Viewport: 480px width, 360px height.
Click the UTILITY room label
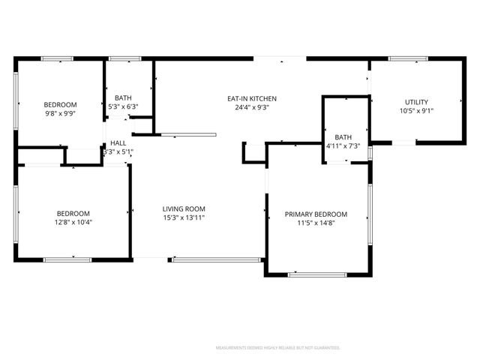point(417,102)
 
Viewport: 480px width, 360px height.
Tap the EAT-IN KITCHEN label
point(253,98)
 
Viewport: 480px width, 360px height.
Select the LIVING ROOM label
point(184,208)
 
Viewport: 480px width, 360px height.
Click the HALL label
point(118,142)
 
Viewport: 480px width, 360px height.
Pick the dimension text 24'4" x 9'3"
point(253,107)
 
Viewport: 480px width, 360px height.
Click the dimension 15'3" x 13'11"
point(184,217)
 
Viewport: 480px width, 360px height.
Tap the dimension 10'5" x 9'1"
point(417,111)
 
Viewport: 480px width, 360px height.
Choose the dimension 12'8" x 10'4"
point(73,222)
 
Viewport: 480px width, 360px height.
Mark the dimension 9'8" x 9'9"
point(60,113)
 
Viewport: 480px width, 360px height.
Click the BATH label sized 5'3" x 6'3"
point(123,98)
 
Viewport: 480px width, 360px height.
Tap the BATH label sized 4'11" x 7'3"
point(343,136)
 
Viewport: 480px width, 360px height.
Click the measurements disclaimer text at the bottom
point(277,348)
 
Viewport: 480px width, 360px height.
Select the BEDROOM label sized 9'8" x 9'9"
point(60,104)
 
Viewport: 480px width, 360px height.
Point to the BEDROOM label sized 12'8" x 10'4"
point(73,213)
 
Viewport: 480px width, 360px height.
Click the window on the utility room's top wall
point(407,58)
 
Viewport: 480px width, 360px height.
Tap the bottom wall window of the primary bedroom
point(317,274)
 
